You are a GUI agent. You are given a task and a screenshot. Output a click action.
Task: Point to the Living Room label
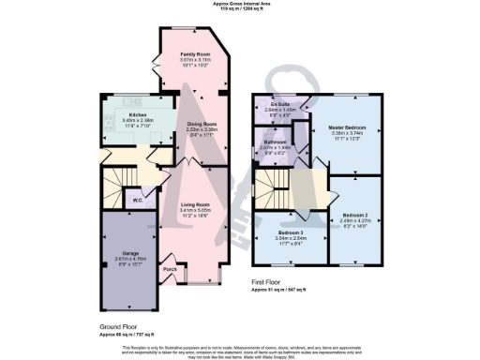(x=194, y=203)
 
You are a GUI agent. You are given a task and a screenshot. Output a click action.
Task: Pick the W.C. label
(x=137, y=200)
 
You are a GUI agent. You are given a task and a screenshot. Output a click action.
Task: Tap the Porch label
(x=170, y=270)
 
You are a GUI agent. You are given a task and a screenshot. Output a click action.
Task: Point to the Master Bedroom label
(x=348, y=127)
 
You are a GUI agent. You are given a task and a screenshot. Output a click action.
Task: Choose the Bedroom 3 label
(x=290, y=232)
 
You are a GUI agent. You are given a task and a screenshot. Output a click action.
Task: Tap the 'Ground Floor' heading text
(x=117, y=326)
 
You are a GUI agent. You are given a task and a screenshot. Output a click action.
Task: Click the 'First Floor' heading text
(x=268, y=280)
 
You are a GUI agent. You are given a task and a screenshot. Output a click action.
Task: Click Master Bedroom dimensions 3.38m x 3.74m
(x=348, y=134)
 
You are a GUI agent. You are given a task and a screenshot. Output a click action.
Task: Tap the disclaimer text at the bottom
(x=239, y=350)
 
